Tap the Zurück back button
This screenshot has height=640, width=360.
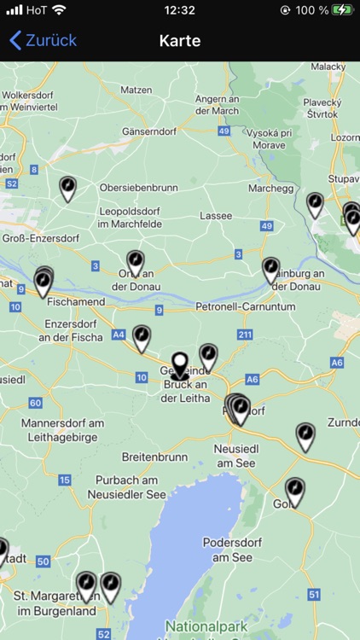coord(43,40)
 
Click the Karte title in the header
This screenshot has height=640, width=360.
coord(180,40)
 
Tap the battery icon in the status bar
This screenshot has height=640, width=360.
coord(342,10)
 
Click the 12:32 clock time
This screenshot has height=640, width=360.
coord(180,10)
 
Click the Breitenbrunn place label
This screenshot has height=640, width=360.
coord(154,457)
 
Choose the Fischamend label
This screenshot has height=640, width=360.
coord(76,301)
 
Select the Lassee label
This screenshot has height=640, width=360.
coord(216,216)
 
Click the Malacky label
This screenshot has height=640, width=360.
coord(328,67)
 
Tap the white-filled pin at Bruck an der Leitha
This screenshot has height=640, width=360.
coord(179,365)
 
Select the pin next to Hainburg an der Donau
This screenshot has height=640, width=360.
coord(270,270)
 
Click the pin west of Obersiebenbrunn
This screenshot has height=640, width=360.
coord(67,188)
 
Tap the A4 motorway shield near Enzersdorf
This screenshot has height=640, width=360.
coord(118,335)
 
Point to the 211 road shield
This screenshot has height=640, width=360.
coord(245,334)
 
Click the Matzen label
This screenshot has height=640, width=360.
coord(136,90)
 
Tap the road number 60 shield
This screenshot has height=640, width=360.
coord(35,403)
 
